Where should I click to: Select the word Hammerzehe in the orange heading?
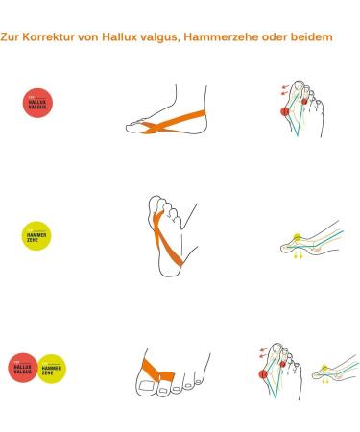[228, 38]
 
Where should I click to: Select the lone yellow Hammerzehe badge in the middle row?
[36, 235]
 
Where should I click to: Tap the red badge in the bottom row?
[24, 368]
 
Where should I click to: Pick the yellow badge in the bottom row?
[52, 368]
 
